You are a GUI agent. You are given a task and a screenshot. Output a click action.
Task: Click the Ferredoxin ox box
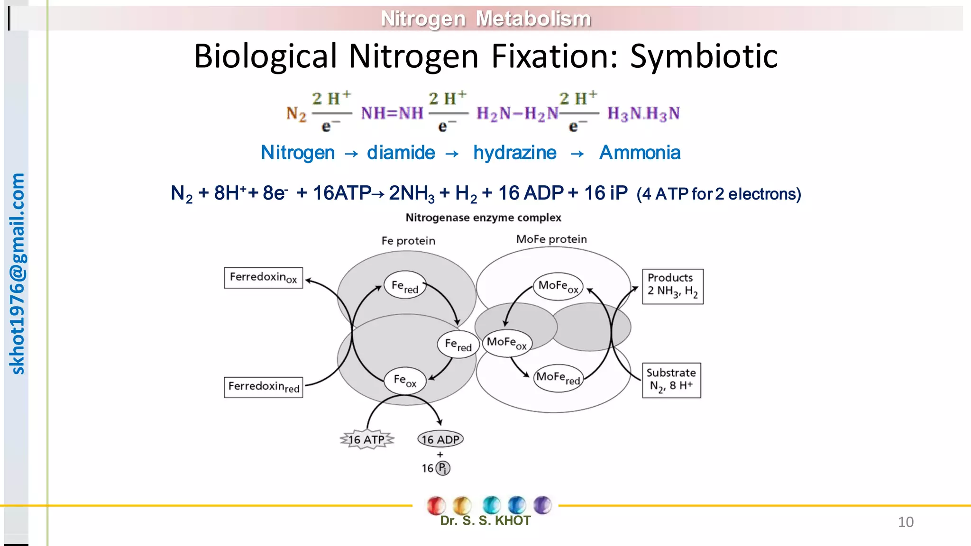(263, 278)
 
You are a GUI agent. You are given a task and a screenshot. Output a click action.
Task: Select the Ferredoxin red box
(263, 387)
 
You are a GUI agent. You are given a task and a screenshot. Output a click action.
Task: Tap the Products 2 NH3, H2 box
(672, 286)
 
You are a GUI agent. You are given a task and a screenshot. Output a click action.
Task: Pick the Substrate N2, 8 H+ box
(671, 380)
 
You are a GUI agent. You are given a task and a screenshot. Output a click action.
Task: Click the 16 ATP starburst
(367, 440)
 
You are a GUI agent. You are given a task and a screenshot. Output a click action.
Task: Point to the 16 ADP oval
(440, 439)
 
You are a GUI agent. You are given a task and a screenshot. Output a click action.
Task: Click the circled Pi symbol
(443, 468)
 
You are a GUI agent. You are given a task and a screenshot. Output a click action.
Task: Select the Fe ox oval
(405, 380)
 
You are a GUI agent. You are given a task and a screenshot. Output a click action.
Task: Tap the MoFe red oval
(558, 378)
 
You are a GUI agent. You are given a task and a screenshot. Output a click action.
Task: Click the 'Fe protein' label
(408, 241)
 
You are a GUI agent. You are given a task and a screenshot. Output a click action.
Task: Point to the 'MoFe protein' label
(551, 239)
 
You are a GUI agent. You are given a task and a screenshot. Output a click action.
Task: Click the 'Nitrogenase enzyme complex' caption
(483, 218)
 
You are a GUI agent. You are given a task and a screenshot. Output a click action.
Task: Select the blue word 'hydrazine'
(515, 153)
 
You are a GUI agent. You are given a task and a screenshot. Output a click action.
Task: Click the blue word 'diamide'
(401, 153)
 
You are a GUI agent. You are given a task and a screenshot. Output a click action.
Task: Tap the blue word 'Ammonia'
(640, 153)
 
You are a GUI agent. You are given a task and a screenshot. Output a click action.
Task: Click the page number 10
(906, 522)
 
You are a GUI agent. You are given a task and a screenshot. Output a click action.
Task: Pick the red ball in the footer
(436, 505)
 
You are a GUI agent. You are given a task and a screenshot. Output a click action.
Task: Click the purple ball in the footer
(542, 505)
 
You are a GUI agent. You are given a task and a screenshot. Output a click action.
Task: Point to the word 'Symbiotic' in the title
(704, 56)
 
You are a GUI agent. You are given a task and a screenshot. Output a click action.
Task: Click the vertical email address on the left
(17, 274)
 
